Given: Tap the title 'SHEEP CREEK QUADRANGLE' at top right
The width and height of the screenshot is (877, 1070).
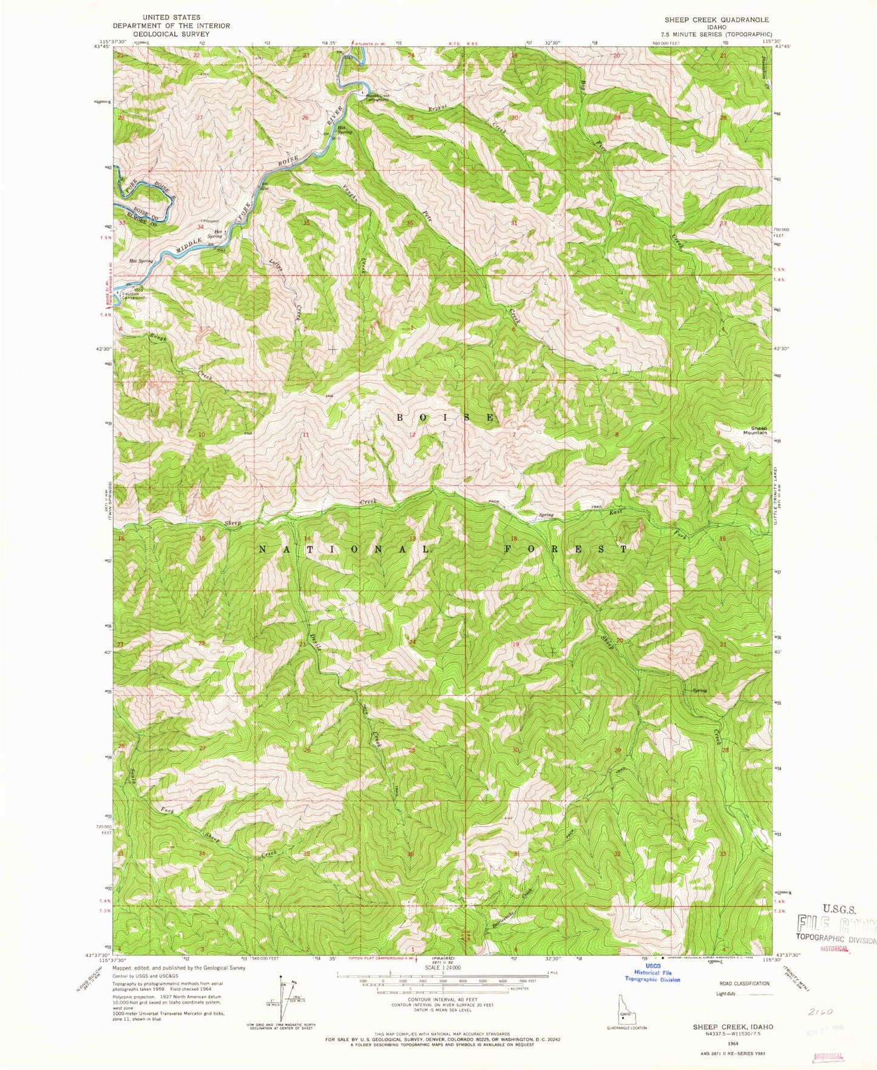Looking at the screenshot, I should (x=716, y=20).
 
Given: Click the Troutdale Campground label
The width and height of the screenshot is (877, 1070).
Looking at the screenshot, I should (x=134, y=297).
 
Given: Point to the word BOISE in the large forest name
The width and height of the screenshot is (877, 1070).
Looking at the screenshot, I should (x=447, y=418).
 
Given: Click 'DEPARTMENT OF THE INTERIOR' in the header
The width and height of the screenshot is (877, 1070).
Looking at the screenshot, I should (x=171, y=26).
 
